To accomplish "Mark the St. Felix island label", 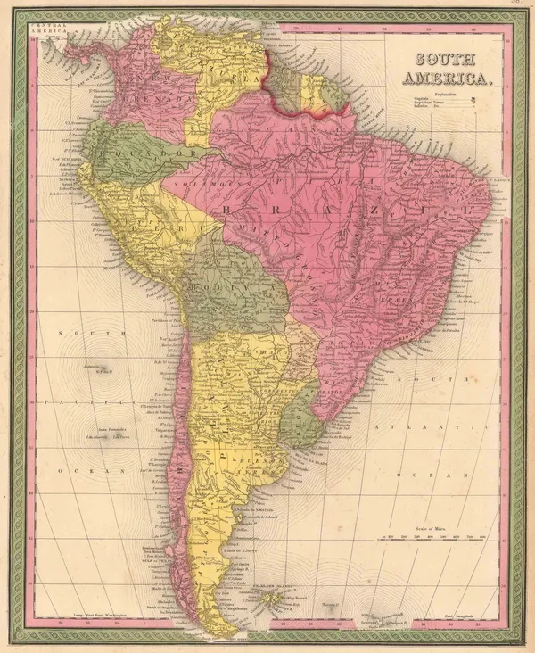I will [x=99, y=371].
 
